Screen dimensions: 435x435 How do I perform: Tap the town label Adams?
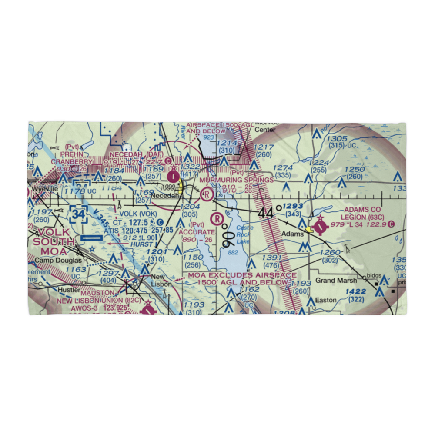(293, 234)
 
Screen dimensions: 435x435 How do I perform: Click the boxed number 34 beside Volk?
(79, 214)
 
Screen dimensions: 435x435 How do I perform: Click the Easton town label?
(326, 300)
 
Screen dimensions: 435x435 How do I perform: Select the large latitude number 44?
(266, 213)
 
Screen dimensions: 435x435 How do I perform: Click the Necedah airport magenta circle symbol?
(174, 176)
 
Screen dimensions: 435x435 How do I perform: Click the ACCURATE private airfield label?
(197, 232)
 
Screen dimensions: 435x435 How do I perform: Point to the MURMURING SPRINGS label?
(237, 180)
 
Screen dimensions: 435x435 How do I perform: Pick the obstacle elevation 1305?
(338, 139)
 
